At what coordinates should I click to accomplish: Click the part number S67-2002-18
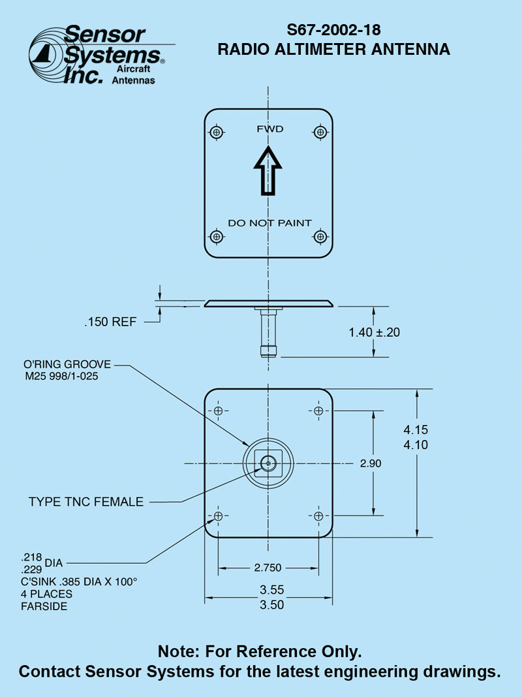[333, 30]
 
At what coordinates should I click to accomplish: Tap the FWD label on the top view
[269, 129]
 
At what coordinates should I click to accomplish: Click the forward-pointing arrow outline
[268, 171]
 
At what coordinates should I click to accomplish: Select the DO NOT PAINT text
[269, 223]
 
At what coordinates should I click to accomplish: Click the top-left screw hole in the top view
[217, 132]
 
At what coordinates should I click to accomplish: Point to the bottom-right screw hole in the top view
[320, 236]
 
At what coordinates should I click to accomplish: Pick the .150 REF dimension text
[110, 322]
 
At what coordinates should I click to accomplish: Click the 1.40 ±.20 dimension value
[374, 332]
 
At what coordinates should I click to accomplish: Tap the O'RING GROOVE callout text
[67, 364]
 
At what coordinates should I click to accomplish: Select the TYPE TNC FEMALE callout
[86, 502]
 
